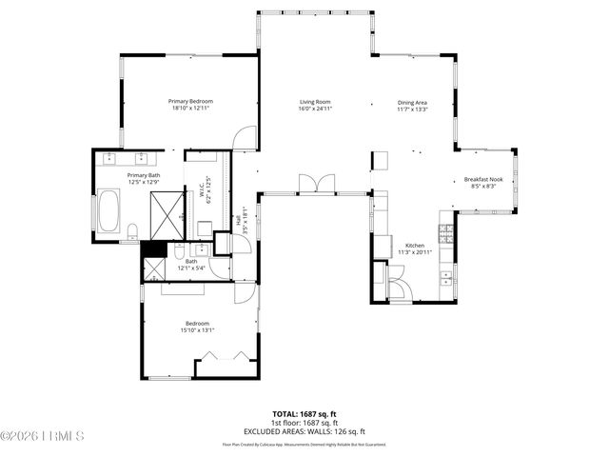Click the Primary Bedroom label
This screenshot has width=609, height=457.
(190, 102)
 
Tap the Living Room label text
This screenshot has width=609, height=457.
(315, 102)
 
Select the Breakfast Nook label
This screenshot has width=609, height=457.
(483, 179)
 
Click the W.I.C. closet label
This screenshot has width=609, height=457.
(203, 191)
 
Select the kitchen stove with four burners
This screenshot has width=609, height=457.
(444, 232)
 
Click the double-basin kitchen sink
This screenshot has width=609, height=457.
(445, 277)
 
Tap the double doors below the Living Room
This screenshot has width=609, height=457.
(315, 184)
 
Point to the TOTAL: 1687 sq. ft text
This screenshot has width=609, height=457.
(305, 414)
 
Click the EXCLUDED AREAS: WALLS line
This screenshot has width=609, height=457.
(305, 431)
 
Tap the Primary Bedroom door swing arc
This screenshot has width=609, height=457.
(245, 139)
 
